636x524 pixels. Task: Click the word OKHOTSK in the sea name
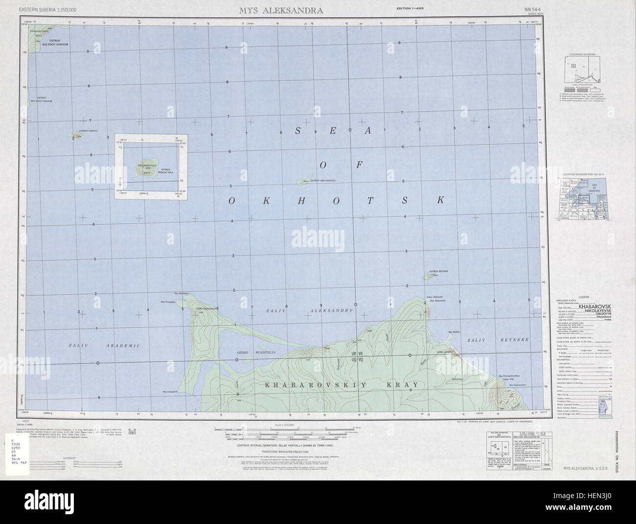point(337,200)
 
